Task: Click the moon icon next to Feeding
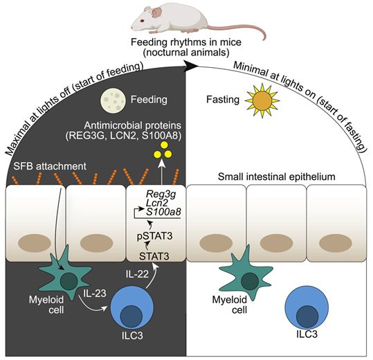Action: click(x=113, y=100)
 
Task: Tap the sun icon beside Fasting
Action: click(x=262, y=100)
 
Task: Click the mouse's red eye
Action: click(x=142, y=21)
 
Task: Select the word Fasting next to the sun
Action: click(x=223, y=100)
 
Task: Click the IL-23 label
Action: click(x=94, y=293)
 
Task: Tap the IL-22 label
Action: click(x=137, y=274)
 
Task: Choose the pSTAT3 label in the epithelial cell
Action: click(x=154, y=236)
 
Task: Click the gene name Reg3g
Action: click(x=161, y=195)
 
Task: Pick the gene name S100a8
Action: click(x=163, y=212)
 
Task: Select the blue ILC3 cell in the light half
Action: click(x=307, y=307)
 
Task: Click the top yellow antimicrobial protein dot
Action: click(x=164, y=145)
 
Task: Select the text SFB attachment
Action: click(x=50, y=166)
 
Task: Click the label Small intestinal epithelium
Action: click(x=277, y=177)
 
